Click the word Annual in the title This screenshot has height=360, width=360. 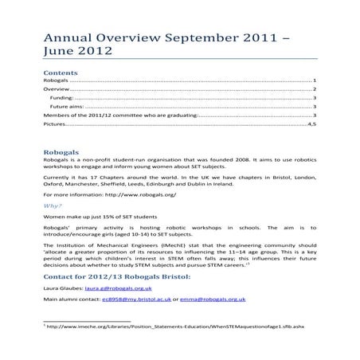[66, 36]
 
